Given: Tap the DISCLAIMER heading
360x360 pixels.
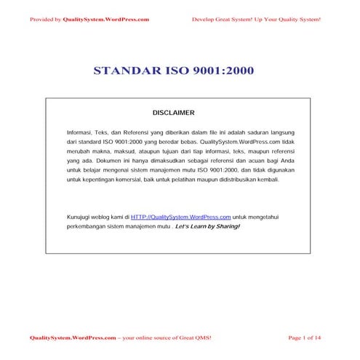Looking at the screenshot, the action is [173, 113].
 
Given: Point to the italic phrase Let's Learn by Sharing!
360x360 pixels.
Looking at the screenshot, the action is [207, 227].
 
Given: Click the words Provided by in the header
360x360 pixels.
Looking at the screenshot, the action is [45, 19].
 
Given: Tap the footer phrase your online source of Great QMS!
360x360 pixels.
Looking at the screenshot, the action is [167, 338].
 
